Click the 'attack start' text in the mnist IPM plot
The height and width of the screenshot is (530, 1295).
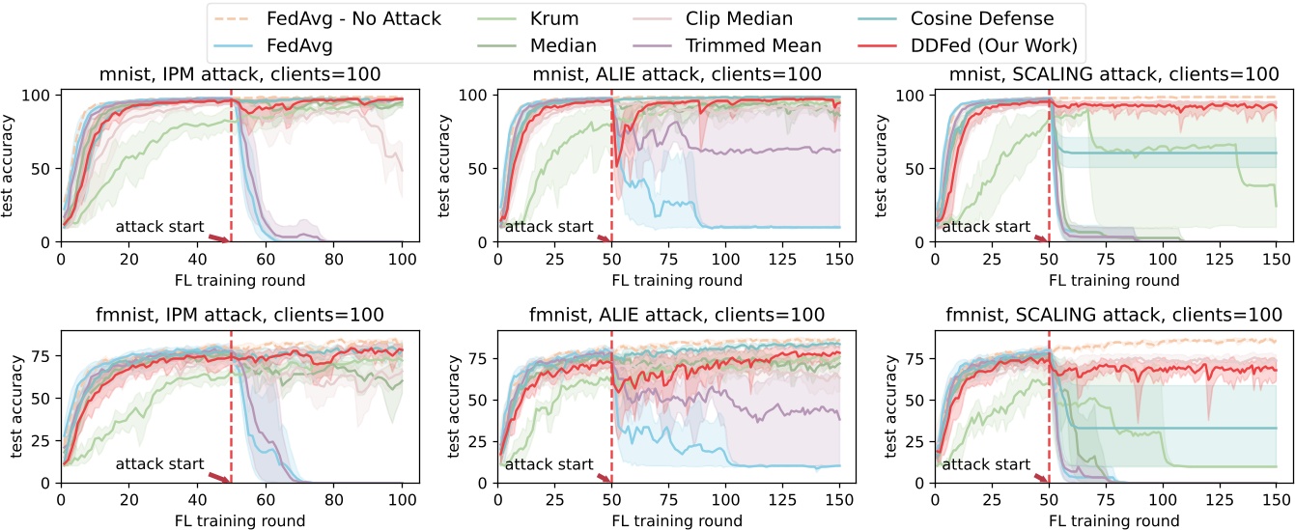pyautogui.click(x=159, y=227)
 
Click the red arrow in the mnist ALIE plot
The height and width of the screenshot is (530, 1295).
pyautogui.click(x=605, y=237)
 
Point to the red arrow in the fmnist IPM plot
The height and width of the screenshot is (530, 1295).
pyautogui.click(x=219, y=477)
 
